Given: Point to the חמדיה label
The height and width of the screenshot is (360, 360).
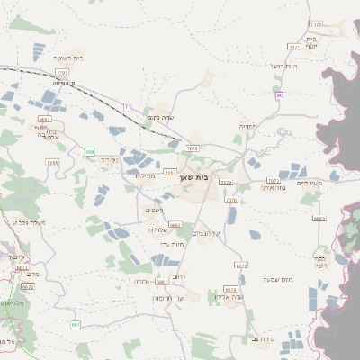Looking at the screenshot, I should (246, 126).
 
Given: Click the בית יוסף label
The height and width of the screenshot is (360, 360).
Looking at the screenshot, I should (311, 42).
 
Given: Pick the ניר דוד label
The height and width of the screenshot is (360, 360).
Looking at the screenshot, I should (109, 159).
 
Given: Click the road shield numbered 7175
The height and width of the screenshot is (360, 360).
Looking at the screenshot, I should (315, 24).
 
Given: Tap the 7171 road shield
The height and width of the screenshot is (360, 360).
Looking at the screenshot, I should (294, 47).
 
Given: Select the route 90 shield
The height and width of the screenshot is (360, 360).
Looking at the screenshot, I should (280, 94).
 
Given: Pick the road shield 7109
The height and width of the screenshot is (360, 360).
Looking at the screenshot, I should (62, 71).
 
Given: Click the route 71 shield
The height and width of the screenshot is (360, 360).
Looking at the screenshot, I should (127, 107).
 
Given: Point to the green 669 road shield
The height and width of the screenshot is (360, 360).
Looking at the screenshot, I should (89, 152).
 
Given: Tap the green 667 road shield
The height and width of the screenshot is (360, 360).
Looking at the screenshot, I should (76, 324).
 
